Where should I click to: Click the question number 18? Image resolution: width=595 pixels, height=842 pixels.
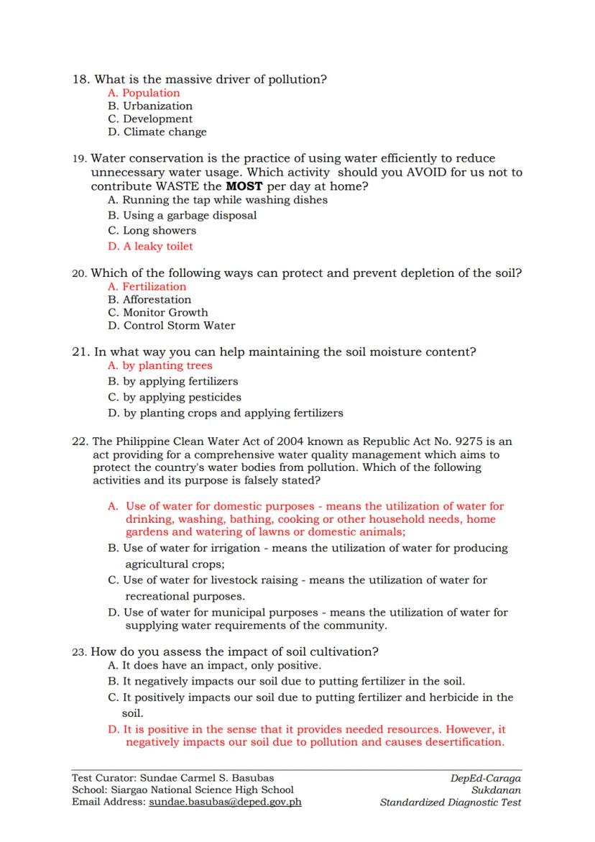80,80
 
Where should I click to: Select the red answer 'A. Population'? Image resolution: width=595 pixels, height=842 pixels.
144,93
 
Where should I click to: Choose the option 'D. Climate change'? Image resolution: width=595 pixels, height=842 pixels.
157,132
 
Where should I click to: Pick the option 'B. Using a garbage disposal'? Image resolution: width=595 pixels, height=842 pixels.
182,215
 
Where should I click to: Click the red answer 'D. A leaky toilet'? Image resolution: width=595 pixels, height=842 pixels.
150,246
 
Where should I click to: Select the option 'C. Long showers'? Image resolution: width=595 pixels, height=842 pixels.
152,231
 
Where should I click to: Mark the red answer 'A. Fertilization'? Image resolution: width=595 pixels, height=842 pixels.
147,286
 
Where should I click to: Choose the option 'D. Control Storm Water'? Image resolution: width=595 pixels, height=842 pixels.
171,325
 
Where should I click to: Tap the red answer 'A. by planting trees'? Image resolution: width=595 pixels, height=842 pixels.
160,365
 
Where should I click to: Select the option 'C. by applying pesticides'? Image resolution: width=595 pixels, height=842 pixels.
174,397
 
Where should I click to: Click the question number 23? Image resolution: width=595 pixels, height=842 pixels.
79,652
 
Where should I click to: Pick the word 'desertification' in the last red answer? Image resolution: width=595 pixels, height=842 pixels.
463,742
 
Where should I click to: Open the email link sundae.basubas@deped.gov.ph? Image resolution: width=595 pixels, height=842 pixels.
225,802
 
